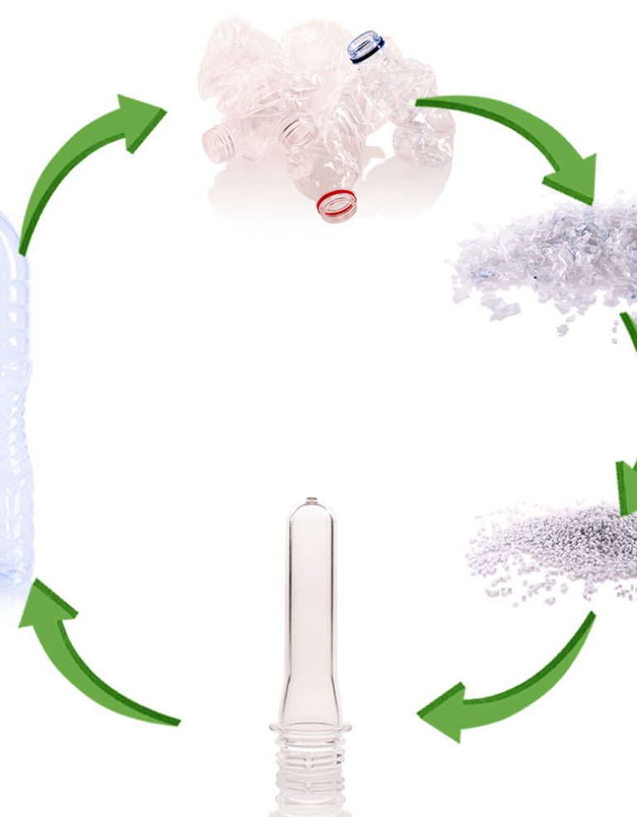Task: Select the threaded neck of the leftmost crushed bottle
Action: coord(217,140)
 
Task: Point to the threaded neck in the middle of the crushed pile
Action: coord(297,131)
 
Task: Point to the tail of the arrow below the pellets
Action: coord(590,620)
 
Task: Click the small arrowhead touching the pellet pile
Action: coord(625,488)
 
